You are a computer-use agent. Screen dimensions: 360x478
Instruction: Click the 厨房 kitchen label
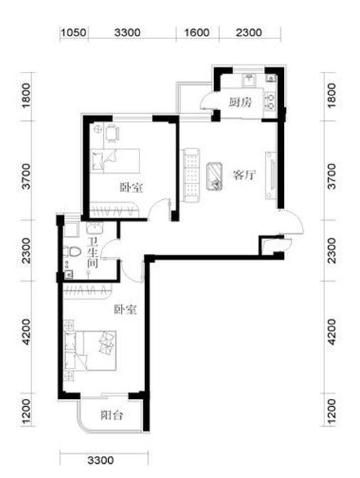240,102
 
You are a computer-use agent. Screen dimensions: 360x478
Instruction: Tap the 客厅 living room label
244,175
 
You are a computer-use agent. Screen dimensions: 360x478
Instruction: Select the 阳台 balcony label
112,415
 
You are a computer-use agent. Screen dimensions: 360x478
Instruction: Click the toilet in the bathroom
71,252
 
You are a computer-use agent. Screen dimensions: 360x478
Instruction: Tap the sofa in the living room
191,175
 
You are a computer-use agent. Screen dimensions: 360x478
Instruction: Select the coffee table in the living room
215,176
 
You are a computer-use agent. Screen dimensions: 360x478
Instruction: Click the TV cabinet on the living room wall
270,175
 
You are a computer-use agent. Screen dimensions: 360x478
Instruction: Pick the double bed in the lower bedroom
90,351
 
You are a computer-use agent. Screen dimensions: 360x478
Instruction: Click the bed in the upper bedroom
115,161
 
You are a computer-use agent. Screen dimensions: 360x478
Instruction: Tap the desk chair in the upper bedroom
112,133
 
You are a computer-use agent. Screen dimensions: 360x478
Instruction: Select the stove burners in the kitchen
270,101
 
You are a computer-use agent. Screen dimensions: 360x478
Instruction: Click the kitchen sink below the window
250,80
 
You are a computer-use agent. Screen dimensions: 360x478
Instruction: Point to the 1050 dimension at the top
73,32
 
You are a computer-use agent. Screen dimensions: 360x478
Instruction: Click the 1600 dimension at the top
197,32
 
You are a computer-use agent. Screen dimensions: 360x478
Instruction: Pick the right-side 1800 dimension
332,95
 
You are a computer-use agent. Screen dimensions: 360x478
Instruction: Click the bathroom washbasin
95,228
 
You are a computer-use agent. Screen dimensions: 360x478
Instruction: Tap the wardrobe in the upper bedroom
115,210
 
